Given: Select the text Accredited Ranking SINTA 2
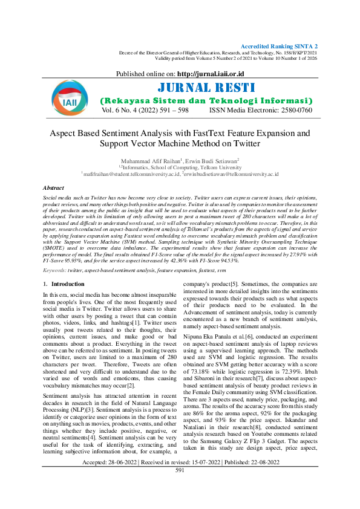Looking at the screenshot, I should click(x=280, y=46).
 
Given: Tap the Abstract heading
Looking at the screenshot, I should click(x=55, y=189).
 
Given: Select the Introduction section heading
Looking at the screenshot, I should click(x=63, y=284).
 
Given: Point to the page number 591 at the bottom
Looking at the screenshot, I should click(x=180, y=487).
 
